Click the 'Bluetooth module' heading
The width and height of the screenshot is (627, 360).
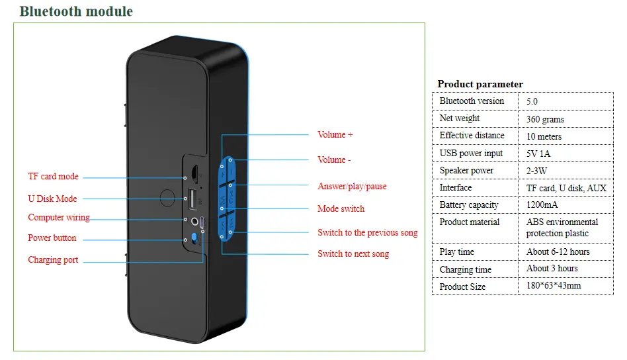coord(75,11)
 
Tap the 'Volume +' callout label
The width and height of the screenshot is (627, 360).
coord(335,135)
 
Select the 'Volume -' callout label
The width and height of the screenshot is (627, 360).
coord(334,160)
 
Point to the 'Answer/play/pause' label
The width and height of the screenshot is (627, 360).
coord(352,187)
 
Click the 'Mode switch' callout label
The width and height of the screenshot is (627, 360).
coord(341,209)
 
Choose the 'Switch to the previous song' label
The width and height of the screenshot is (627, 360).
coord(367,233)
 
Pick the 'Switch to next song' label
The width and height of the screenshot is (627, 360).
coord(353,254)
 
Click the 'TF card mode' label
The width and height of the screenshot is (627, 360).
coord(53,177)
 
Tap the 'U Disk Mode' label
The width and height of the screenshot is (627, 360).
coord(52,199)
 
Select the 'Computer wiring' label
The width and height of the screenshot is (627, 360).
coord(58,218)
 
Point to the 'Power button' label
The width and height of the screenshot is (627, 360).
coord(52,238)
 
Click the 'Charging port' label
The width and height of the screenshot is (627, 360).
coord(53,260)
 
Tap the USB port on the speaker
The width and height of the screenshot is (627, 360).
coord(192,197)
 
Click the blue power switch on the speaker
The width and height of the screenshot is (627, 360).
coord(193,238)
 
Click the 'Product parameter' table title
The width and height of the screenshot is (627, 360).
coord(480,84)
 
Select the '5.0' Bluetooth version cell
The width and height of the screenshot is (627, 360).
coord(532,102)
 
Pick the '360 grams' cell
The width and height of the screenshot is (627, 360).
coord(545,119)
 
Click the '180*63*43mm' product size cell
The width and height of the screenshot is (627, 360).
coord(554,286)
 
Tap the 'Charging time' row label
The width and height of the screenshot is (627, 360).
coord(466,269)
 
